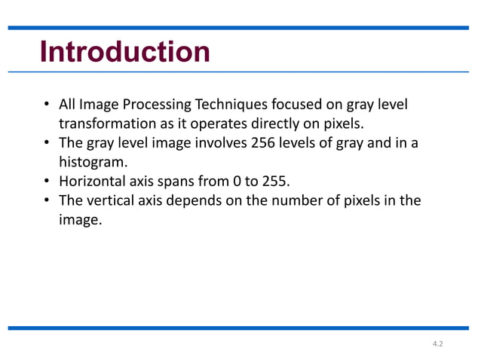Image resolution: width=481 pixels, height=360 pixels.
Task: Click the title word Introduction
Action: tap(124, 52)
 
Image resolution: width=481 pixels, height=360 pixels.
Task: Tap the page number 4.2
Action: tap(437, 344)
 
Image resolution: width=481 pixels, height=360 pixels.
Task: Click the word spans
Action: tap(176, 182)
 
